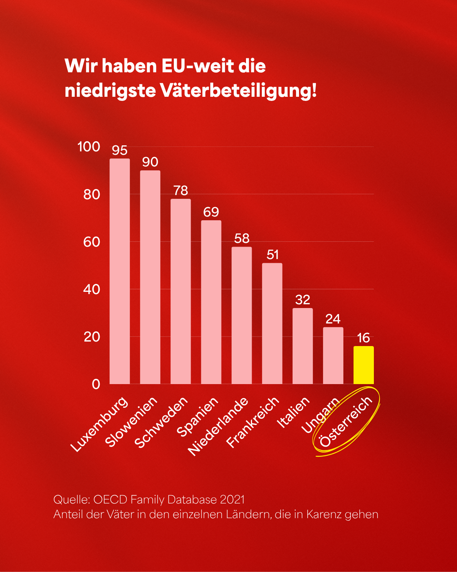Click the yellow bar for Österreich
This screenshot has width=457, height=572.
[x=363, y=365]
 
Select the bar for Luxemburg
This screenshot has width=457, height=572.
[x=120, y=271]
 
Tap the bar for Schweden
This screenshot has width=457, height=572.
[x=181, y=291]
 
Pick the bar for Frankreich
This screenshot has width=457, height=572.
[x=272, y=323]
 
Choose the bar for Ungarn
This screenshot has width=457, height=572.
[x=333, y=355]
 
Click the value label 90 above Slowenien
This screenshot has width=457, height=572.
[x=150, y=162]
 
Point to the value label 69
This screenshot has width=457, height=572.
[x=211, y=212]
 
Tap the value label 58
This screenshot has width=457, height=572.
[x=241, y=238]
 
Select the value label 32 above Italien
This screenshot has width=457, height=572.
[x=302, y=300]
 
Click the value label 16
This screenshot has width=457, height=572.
[x=363, y=338]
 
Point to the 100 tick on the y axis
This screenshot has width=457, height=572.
[x=89, y=146]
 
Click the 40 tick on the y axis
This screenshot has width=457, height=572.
[x=92, y=289]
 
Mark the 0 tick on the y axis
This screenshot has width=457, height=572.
[x=96, y=384]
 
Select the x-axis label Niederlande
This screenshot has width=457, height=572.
[x=218, y=426]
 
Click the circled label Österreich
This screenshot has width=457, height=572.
[x=346, y=422]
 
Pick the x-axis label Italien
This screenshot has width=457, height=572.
[x=293, y=413]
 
